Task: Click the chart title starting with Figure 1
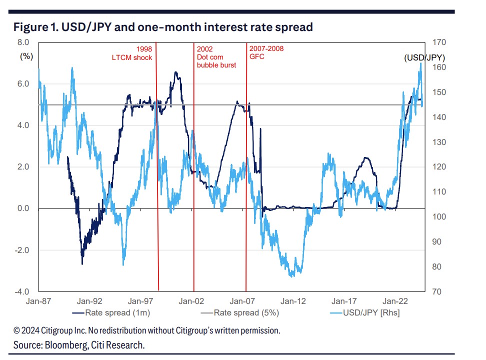click(163, 27)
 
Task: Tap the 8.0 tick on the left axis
click(24, 42)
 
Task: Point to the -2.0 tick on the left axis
click(23, 250)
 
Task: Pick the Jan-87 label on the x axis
click(38, 301)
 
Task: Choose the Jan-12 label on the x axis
click(293, 301)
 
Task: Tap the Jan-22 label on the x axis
click(395, 301)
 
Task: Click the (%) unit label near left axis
click(26, 56)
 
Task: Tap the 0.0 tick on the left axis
click(24, 208)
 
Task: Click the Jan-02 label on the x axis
click(191, 301)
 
